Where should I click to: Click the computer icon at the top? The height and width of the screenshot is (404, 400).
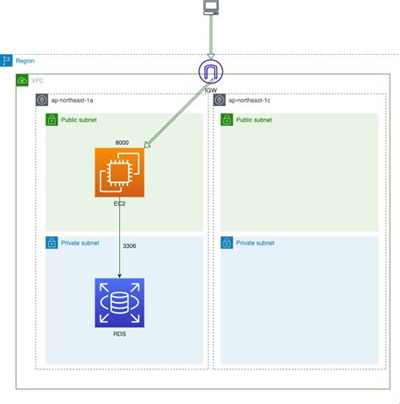[x=210, y=9]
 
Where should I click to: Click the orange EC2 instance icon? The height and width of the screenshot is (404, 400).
[x=120, y=173]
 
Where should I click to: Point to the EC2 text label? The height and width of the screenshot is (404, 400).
[x=120, y=204]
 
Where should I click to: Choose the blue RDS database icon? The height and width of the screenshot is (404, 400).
[x=120, y=302]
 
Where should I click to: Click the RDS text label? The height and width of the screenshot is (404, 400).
[x=120, y=333]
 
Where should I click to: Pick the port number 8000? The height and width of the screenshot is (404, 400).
[x=122, y=143]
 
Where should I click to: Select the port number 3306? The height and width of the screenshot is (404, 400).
[x=129, y=245]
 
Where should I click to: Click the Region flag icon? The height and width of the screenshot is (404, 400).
[x=8, y=61]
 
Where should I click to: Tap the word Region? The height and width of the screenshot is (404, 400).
[x=25, y=61]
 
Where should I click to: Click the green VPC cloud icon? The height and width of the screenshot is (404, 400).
[x=22, y=80]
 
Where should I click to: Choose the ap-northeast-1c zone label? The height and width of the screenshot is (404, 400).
[x=251, y=100]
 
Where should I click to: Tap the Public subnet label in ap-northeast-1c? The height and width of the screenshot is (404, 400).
[x=255, y=121]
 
